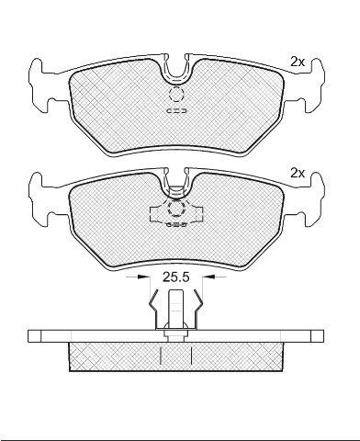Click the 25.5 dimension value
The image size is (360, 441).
point(176,277)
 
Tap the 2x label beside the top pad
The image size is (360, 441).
point(298,62)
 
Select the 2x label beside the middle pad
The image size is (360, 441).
point(298,174)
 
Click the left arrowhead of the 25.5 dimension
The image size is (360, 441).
point(141,277)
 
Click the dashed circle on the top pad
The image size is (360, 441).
point(175,95)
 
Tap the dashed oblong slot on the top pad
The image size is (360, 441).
point(176,110)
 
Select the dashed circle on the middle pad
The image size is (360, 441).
point(176,209)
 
